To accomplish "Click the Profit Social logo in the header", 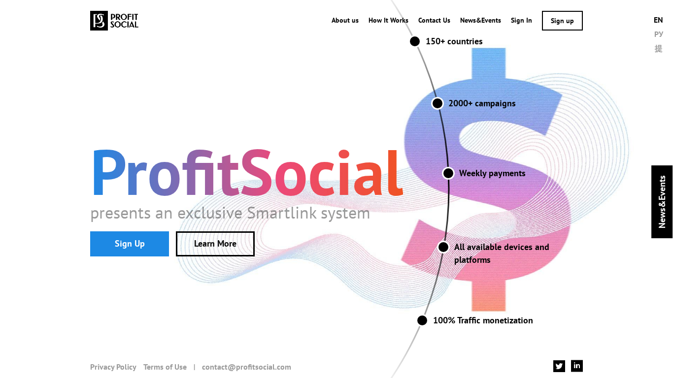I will coord(114,21).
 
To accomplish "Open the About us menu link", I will coord(345,21).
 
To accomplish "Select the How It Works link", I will coord(388,21).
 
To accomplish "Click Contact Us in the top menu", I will coord(434,21).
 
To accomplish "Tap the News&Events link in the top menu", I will coord(480,21).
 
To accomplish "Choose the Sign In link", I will coord(521,21).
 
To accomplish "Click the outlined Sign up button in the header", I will coord(562,21).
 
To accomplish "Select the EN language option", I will coord(658,20).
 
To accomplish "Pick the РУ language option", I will coord(658,34).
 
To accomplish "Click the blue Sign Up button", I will coord(130,244).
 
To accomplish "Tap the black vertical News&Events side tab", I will coord(662,202).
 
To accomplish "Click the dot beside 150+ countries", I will coord(415,41).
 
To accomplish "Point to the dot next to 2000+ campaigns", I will coord(437,103).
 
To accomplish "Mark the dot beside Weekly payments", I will coord(448,173).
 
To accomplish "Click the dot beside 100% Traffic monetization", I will coord(422,320).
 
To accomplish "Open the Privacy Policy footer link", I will coord(113,367).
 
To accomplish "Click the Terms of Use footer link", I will coord(165,367).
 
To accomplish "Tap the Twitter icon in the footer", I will coord(559,366).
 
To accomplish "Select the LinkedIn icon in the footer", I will coord(577,366).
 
